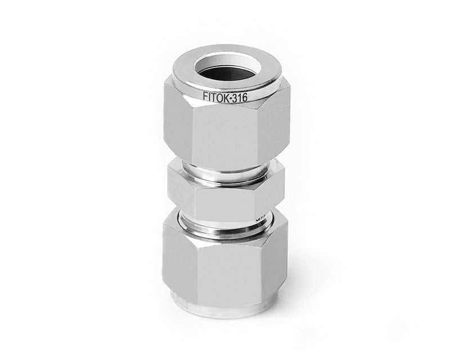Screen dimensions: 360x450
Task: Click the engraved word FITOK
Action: pyautogui.click(x=215, y=96)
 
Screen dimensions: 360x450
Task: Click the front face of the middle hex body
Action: pyautogui.click(x=225, y=200)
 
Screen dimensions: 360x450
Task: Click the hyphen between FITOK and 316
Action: pyautogui.click(x=230, y=97)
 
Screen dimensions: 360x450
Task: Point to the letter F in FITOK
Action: pyautogui.click(x=205, y=96)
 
